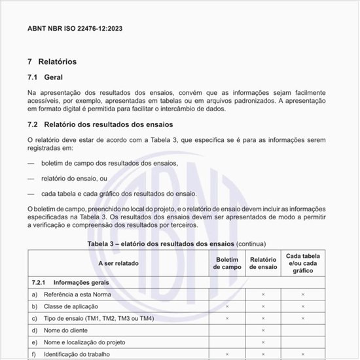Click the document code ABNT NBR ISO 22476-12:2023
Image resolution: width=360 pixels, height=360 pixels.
(x=75, y=28)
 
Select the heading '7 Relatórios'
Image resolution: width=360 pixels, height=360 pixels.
(x=52, y=62)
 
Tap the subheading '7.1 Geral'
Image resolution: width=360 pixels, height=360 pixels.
(x=45, y=77)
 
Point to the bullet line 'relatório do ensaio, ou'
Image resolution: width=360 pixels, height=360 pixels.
(x=73, y=178)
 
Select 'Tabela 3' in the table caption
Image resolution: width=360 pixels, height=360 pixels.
(x=103, y=243)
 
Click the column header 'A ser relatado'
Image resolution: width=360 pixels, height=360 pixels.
(x=118, y=263)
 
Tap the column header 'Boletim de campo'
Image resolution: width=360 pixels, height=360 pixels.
(x=227, y=263)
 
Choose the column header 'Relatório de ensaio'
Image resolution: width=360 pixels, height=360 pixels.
(x=263, y=263)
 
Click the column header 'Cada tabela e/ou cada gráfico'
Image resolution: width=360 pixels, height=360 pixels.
(x=303, y=263)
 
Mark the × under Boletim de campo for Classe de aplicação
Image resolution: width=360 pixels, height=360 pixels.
(x=227, y=306)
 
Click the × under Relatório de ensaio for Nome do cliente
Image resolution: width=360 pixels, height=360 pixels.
(x=263, y=331)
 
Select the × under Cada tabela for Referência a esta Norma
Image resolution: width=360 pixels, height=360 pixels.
(x=303, y=295)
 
